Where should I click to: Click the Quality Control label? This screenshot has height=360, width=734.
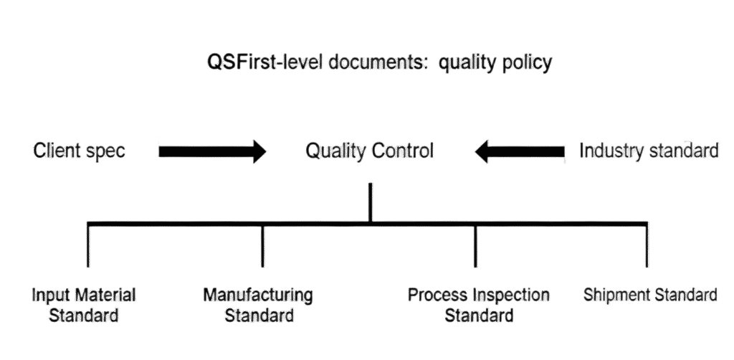click(370, 152)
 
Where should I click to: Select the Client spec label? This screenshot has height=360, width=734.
click(80, 152)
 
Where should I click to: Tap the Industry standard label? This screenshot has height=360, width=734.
click(649, 152)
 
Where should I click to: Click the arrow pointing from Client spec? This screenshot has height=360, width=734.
click(212, 152)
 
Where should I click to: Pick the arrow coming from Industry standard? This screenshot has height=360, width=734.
click(519, 152)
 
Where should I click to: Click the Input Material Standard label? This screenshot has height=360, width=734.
click(84, 305)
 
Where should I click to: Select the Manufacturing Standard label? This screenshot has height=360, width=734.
click(258, 305)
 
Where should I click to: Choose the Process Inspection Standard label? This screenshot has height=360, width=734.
click(478, 305)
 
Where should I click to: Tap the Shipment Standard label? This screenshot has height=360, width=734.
click(650, 295)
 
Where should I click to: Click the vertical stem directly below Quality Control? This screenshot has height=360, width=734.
click(370, 202)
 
